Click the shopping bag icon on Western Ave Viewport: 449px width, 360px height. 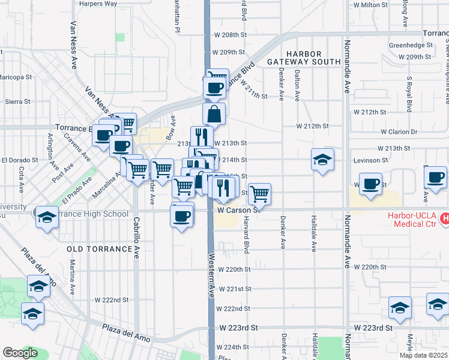[x=215, y=113]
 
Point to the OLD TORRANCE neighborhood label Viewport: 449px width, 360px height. [x=99, y=248]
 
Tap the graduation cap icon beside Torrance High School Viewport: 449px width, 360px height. [x=46, y=217]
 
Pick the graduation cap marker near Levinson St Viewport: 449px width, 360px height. [x=322, y=160]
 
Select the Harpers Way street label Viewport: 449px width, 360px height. [x=98, y=4]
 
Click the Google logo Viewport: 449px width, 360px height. [x=20, y=353]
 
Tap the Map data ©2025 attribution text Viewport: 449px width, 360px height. [x=424, y=355]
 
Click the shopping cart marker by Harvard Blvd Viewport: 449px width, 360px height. [x=259, y=194]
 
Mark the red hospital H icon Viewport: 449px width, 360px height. [x=444, y=218]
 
